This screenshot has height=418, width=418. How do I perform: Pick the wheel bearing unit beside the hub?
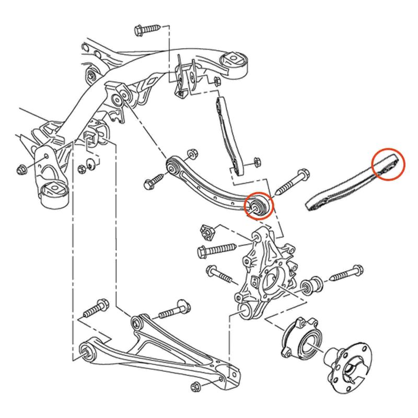[x=302, y=339]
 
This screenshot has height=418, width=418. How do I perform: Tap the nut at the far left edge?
[x=21, y=169]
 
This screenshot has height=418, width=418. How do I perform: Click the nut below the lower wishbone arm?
[x=197, y=387]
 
